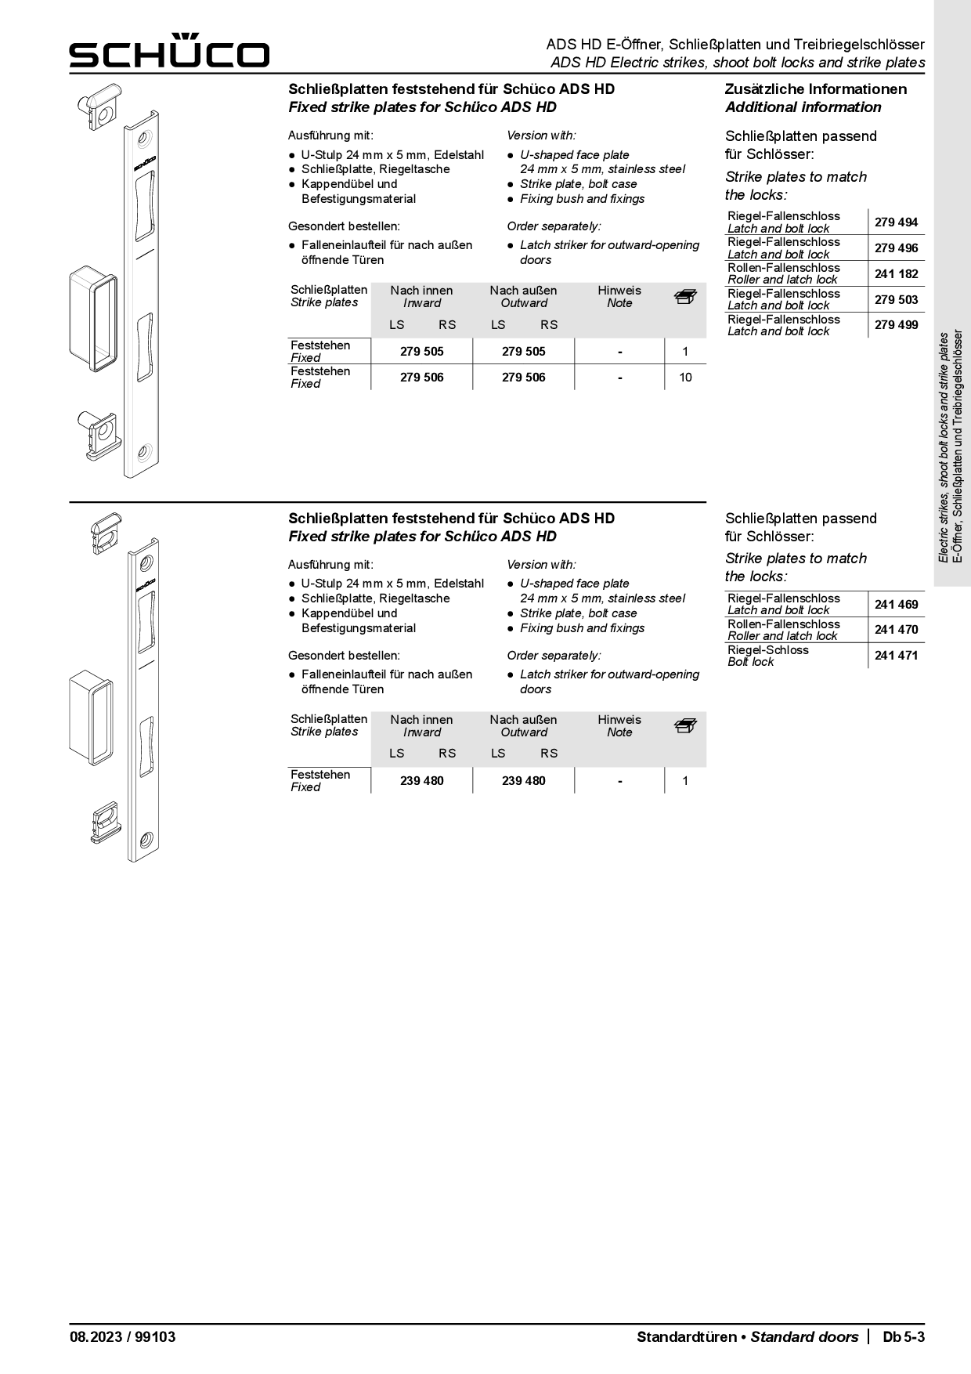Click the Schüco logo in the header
(x=169, y=51)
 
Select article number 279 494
(x=896, y=222)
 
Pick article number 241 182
(x=896, y=274)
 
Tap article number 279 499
(x=896, y=325)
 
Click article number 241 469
(x=896, y=605)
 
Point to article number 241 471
(x=896, y=656)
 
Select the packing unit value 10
(x=685, y=378)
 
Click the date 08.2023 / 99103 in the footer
(x=122, y=1337)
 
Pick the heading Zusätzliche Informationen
(x=815, y=89)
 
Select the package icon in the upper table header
(x=685, y=297)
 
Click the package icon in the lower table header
(x=685, y=726)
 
